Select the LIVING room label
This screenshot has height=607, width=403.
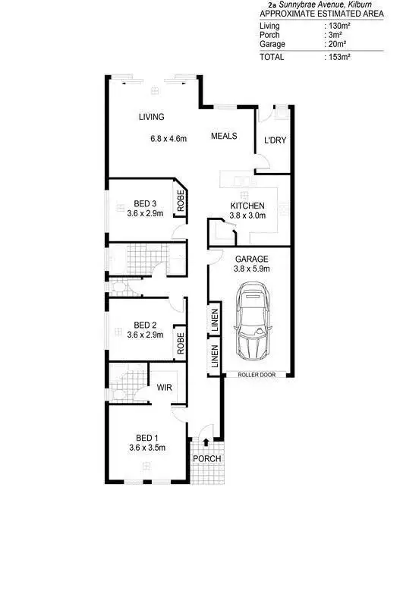(151, 117)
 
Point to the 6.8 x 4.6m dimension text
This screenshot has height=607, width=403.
(168, 139)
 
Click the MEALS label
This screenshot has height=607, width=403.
(224, 137)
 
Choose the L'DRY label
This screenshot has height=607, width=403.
(274, 140)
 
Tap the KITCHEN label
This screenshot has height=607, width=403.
(247, 206)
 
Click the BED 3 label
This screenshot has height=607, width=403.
(145, 203)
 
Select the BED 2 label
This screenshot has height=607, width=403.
(145, 324)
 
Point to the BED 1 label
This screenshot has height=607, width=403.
(147, 438)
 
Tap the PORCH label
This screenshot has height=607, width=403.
(206, 459)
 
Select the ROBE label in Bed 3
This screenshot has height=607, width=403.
(181, 200)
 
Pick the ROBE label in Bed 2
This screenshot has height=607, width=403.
(181, 343)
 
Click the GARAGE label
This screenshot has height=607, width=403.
(250, 259)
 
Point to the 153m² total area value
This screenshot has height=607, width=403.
(338, 56)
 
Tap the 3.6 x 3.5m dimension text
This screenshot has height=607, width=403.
(146, 448)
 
